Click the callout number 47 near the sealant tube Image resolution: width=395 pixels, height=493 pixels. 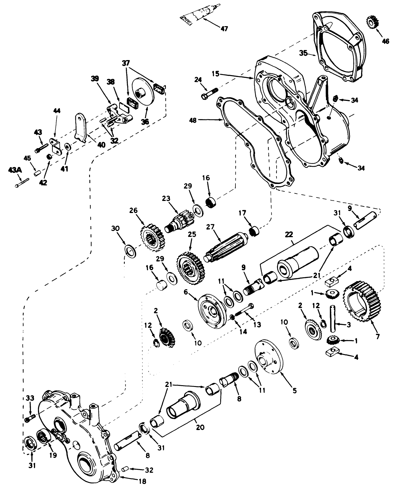point(224,29)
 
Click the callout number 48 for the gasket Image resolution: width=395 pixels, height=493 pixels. point(193,120)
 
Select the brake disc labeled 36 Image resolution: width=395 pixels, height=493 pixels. point(143,95)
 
